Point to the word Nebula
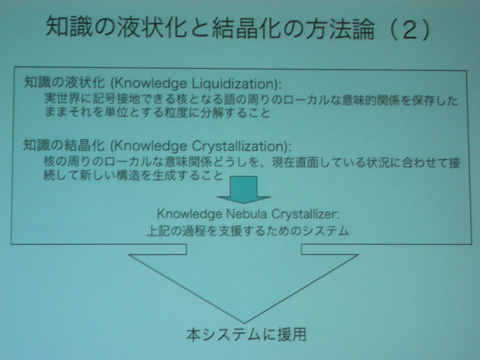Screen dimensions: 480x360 (246, 214)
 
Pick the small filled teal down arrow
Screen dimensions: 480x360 (243, 190)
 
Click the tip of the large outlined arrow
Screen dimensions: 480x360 (244, 323)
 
